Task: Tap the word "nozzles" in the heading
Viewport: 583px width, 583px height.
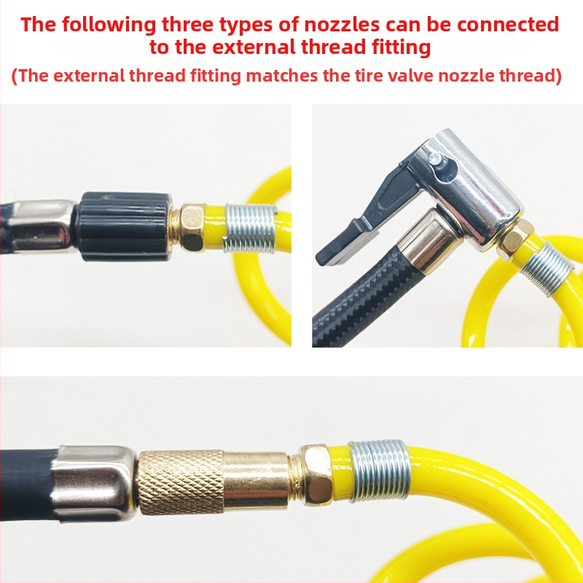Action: tap(342, 25)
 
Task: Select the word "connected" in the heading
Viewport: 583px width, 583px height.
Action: tap(508, 25)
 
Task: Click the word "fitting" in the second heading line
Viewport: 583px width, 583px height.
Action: tap(402, 47)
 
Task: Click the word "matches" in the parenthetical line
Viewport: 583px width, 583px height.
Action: tap(281, 76)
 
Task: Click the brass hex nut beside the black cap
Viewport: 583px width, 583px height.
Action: tap(192, 227)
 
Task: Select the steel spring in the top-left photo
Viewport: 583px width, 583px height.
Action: tap(250, 227)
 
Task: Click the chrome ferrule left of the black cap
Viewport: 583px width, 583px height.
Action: tap(42, 226)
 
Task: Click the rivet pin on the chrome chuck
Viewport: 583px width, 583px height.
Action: tap(434, 159)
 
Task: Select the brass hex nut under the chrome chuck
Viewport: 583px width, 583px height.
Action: tap(515, 239)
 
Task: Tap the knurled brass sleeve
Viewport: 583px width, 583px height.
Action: tap(181, 482)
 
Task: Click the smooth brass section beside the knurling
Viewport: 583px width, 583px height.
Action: tap(256, 480)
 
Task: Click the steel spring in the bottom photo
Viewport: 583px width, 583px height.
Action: tap(379, 470)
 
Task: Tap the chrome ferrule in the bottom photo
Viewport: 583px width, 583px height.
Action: tap(94, 482)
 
